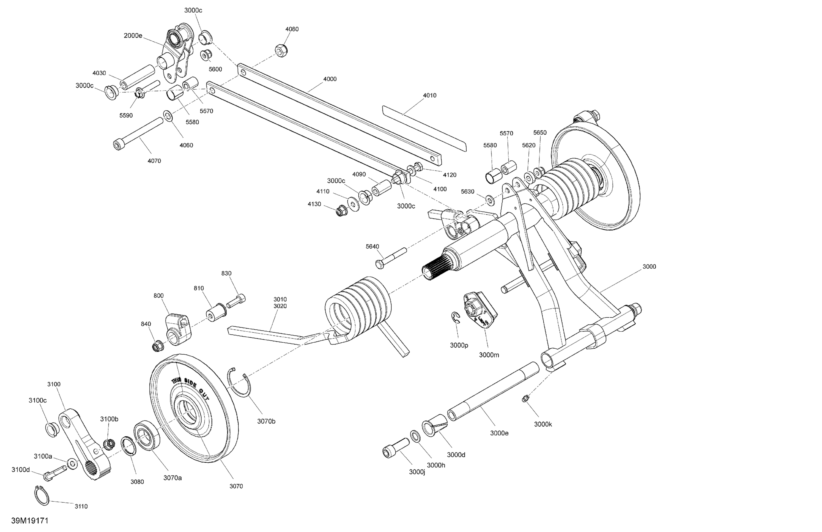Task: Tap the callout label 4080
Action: [292, 29]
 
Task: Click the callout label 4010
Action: [430, 95]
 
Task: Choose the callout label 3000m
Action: [489, 355]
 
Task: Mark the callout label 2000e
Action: [133, 35]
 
